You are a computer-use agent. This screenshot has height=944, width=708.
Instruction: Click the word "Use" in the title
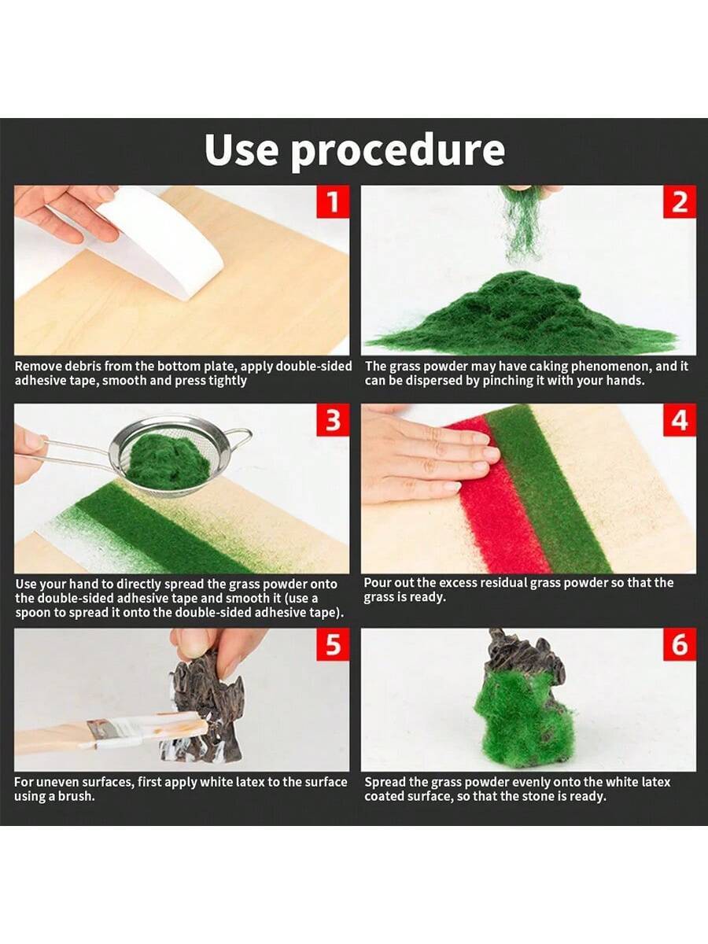(x=241, y=149)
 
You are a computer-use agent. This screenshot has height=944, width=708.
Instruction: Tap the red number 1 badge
(x=333, y=201)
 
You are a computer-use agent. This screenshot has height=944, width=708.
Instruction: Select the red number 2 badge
(x=680, y=201)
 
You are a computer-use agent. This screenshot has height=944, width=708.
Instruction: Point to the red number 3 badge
(x=333, y=420)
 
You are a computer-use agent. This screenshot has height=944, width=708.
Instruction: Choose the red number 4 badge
(x=680, y=420)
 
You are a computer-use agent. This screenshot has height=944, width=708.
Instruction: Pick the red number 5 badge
(x=333, y=644)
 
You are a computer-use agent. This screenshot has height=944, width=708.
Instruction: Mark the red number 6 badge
(x=680, y=644)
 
